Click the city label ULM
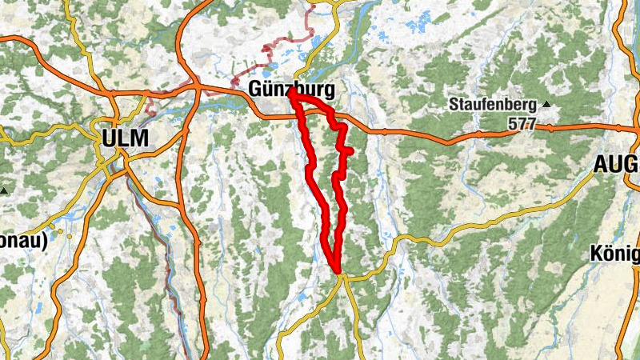tap(125, 138)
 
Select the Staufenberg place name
tap(491, 104)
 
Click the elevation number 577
tap(521, 124)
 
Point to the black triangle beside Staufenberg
tap(546, 104)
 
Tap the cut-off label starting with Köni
tap(614, 254)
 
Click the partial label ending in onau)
tap(24, 239)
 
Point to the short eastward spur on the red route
tap(349, 150)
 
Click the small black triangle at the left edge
tap(3, 190)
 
